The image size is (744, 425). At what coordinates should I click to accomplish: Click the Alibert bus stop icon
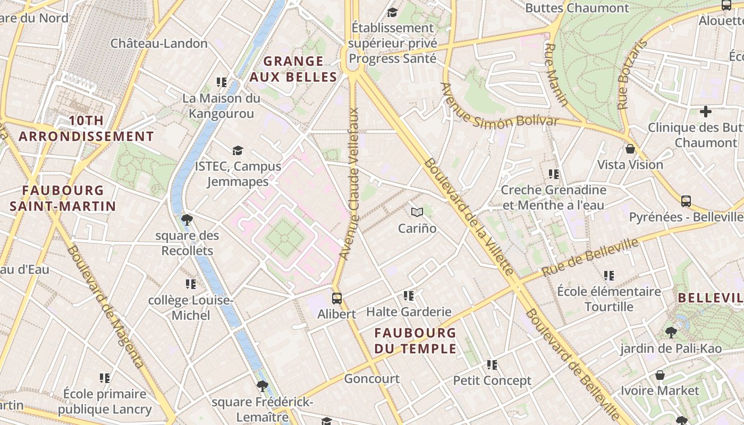336,298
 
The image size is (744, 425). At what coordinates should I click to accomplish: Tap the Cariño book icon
417,212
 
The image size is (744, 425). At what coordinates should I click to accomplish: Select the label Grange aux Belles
293,69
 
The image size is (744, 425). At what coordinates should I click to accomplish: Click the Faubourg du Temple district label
415,341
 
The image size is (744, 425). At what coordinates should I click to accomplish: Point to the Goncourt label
371,379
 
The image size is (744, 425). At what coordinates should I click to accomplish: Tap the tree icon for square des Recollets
187,219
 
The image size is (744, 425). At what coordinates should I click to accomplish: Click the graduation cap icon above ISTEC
238,151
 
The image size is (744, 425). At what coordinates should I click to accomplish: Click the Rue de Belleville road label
590,258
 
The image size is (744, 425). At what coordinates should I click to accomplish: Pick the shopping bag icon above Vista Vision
630,149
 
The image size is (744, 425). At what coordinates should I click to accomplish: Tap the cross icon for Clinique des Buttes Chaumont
705,112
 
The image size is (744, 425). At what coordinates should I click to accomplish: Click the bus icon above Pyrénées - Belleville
686,201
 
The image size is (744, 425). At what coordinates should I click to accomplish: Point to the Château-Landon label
159,44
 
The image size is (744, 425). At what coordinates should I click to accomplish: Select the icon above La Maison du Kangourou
222,82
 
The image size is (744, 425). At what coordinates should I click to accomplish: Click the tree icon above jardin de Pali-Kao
671,333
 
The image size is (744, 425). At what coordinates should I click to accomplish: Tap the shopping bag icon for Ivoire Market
660,375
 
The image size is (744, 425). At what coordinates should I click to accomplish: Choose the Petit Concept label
492,380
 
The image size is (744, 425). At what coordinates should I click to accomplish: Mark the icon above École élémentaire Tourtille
609,276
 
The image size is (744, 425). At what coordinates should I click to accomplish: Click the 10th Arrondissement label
86,129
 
